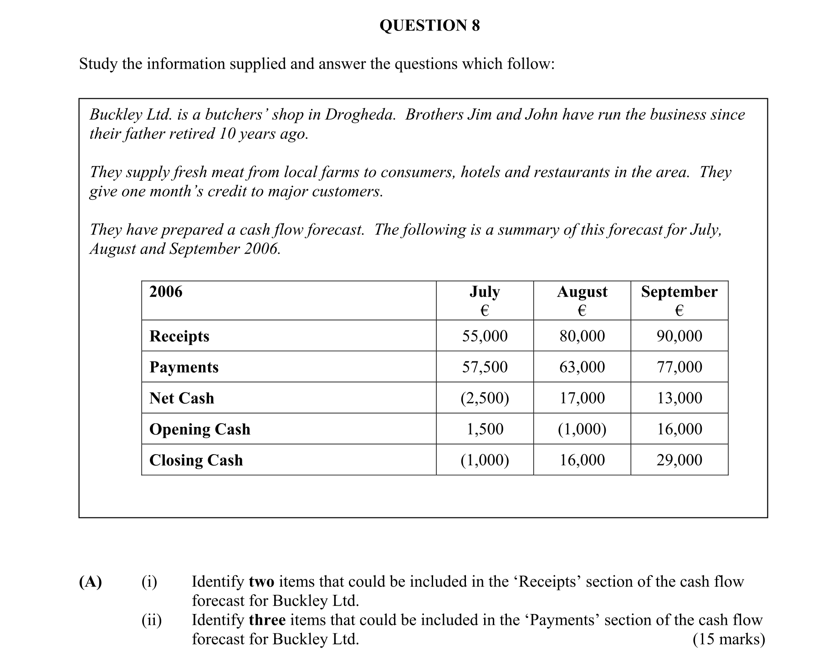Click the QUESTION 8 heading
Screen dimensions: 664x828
pyautogui.click(x=429, y=25)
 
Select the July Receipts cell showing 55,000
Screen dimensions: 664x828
pyautogui.click(x=485, y=336)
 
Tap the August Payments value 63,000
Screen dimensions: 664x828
pyautogui.click(x=582, y=367)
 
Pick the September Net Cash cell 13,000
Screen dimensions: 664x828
pyautogui.click(x=679, y=398)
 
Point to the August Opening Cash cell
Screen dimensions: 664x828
pyautogui.click(x=582, y=429)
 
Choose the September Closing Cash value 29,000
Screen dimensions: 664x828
pyautogui.click(x=679, y=460)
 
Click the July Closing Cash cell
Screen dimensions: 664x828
pyautogui.click(x=485, y=460)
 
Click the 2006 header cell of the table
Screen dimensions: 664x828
pyautogui.click(x=166, y=292)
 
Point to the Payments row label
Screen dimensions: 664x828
pyautogui.click(x=184, y=367)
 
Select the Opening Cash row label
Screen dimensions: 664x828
pyautogui.click(x=199, y=429)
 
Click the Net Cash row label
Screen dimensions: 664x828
pyautogui.click(x=181, y=398)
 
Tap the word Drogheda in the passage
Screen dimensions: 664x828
pyautogui.click(x=360, y=115)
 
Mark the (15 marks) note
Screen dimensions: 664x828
pyautogui.click(x=728, y=639)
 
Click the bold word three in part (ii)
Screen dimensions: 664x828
pyautogui.click(x=267, y=620)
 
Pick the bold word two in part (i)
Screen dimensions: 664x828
pyautogui.click(x=261, y=582)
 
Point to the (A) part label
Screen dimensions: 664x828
pyautogui.click(x=90, y=582)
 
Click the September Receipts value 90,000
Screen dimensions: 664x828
pyautogui.click(x=679, y=336)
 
